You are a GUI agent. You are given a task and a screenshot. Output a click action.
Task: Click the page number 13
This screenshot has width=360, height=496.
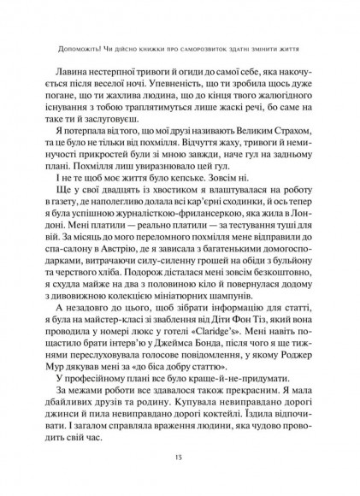(180, 460)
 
